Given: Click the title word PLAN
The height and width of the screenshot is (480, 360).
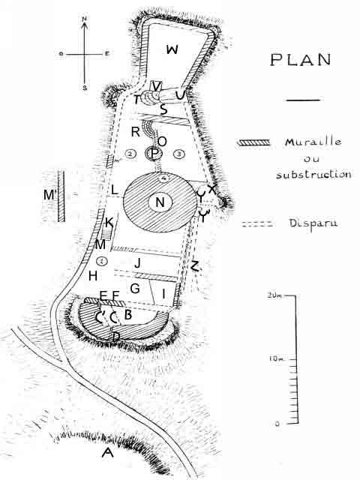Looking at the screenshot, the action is tap(301, 60).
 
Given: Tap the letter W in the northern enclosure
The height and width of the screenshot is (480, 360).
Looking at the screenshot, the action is tap(172, 49).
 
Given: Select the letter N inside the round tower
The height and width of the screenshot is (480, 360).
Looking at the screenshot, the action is tap(160, 202).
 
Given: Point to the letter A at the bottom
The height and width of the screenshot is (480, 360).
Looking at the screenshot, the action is tap(107, 452).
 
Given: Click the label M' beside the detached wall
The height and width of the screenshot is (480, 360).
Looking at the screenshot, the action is tap(50, 194).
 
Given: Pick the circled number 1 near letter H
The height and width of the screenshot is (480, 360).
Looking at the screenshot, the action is tap(102, 261).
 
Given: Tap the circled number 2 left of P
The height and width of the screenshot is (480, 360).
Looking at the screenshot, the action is tap(130, 154).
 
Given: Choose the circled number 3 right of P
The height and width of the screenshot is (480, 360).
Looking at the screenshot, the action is tap(179, 154).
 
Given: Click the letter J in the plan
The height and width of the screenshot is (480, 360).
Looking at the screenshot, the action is tap(138, 262).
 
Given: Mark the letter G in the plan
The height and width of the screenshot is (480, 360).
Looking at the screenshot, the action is tap(135, 288).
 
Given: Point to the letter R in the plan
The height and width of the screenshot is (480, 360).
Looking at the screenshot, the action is tap(135, 132).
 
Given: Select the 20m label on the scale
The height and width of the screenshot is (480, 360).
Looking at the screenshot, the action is tap(274, 295).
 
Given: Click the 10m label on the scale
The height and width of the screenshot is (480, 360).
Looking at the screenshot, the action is tap(277, 358).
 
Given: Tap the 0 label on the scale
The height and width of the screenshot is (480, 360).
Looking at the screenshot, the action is tap(277, 424).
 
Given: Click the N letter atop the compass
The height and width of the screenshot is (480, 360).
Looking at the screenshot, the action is tap(85, 19).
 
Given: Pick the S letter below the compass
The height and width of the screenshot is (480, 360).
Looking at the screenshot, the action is tap(85, 88).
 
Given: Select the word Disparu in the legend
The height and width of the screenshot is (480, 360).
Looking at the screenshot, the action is tap(313, 223).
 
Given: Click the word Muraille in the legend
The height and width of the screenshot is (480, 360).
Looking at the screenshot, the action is tap(313, 142).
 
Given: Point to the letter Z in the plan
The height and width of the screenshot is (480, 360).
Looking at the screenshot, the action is tap(195, 265).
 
